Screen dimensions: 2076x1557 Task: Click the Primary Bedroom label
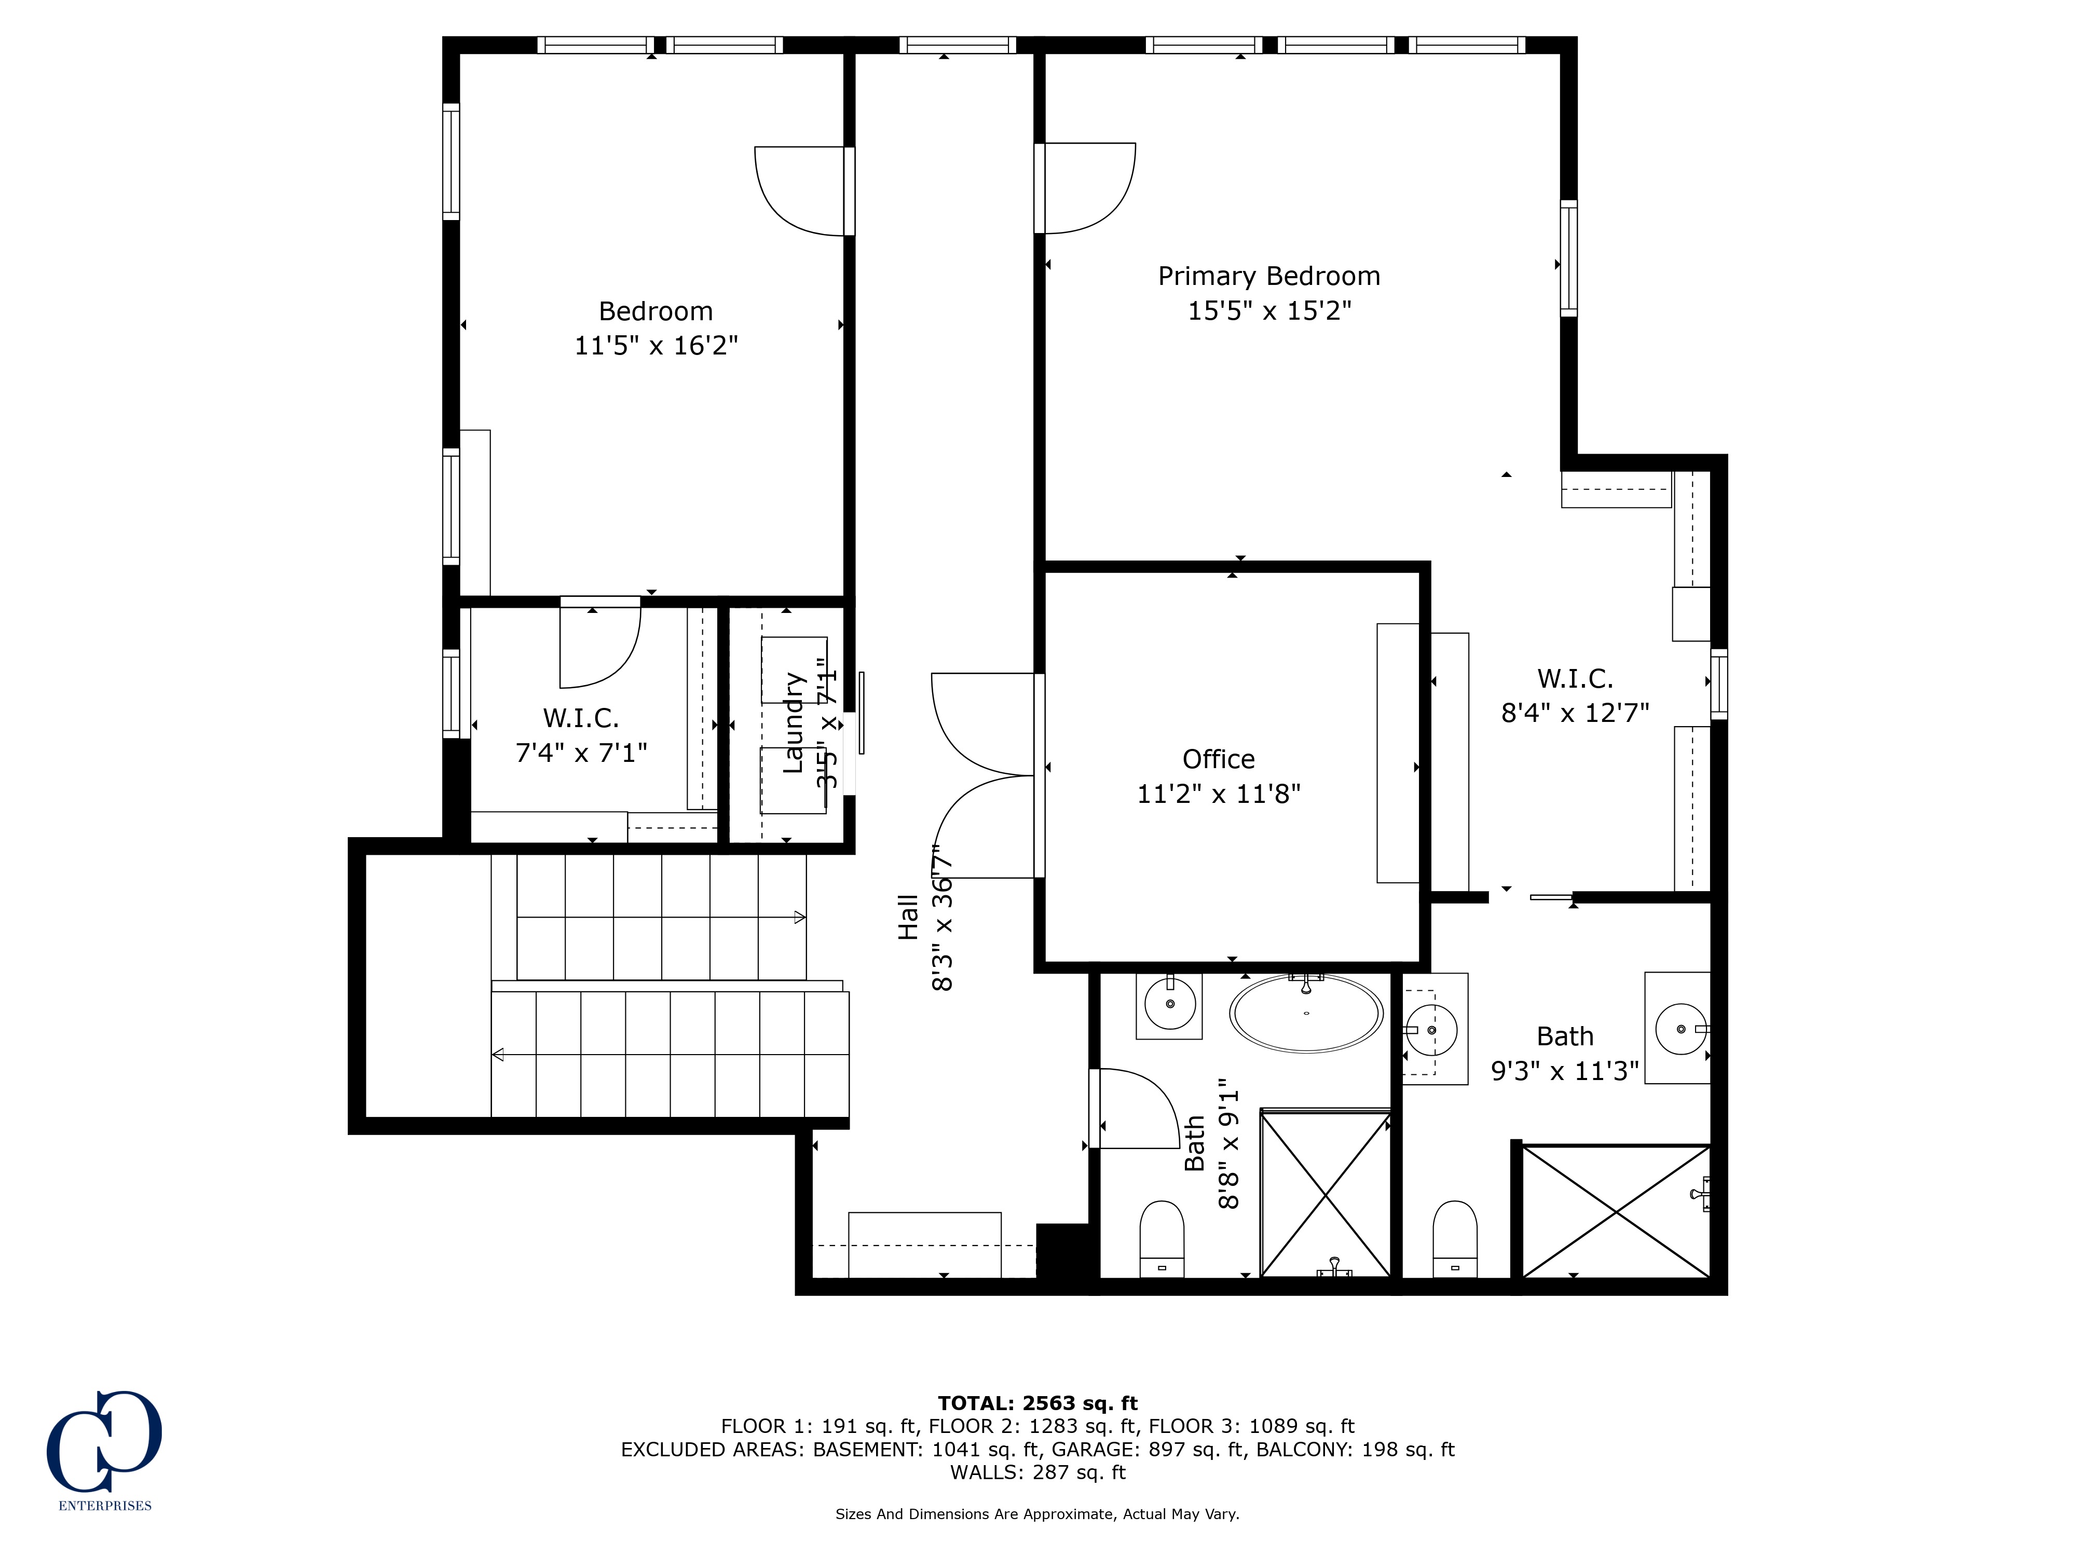pyautogui.click(x=1269, y=276)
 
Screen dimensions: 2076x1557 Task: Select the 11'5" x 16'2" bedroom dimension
pyautogui.click(x=656, y=345)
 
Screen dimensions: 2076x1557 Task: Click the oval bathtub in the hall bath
pyautogui.click(x=1305, y=1014)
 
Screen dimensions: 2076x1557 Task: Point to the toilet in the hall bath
pyautogui.click(x=1162, y=1239)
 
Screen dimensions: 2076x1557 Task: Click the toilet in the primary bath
pyautogui.click(x=1455, y=1239)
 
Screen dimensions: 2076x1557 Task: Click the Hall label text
pyautogui.click(x=908, y=917)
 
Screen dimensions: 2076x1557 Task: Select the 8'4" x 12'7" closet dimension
pyautogui.click(x=1575, y=713)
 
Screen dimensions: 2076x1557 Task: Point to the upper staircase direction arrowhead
pyautogui.click(x=800, y=917)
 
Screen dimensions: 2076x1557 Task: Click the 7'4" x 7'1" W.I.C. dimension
pyautogui.click(x=581, y=753)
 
